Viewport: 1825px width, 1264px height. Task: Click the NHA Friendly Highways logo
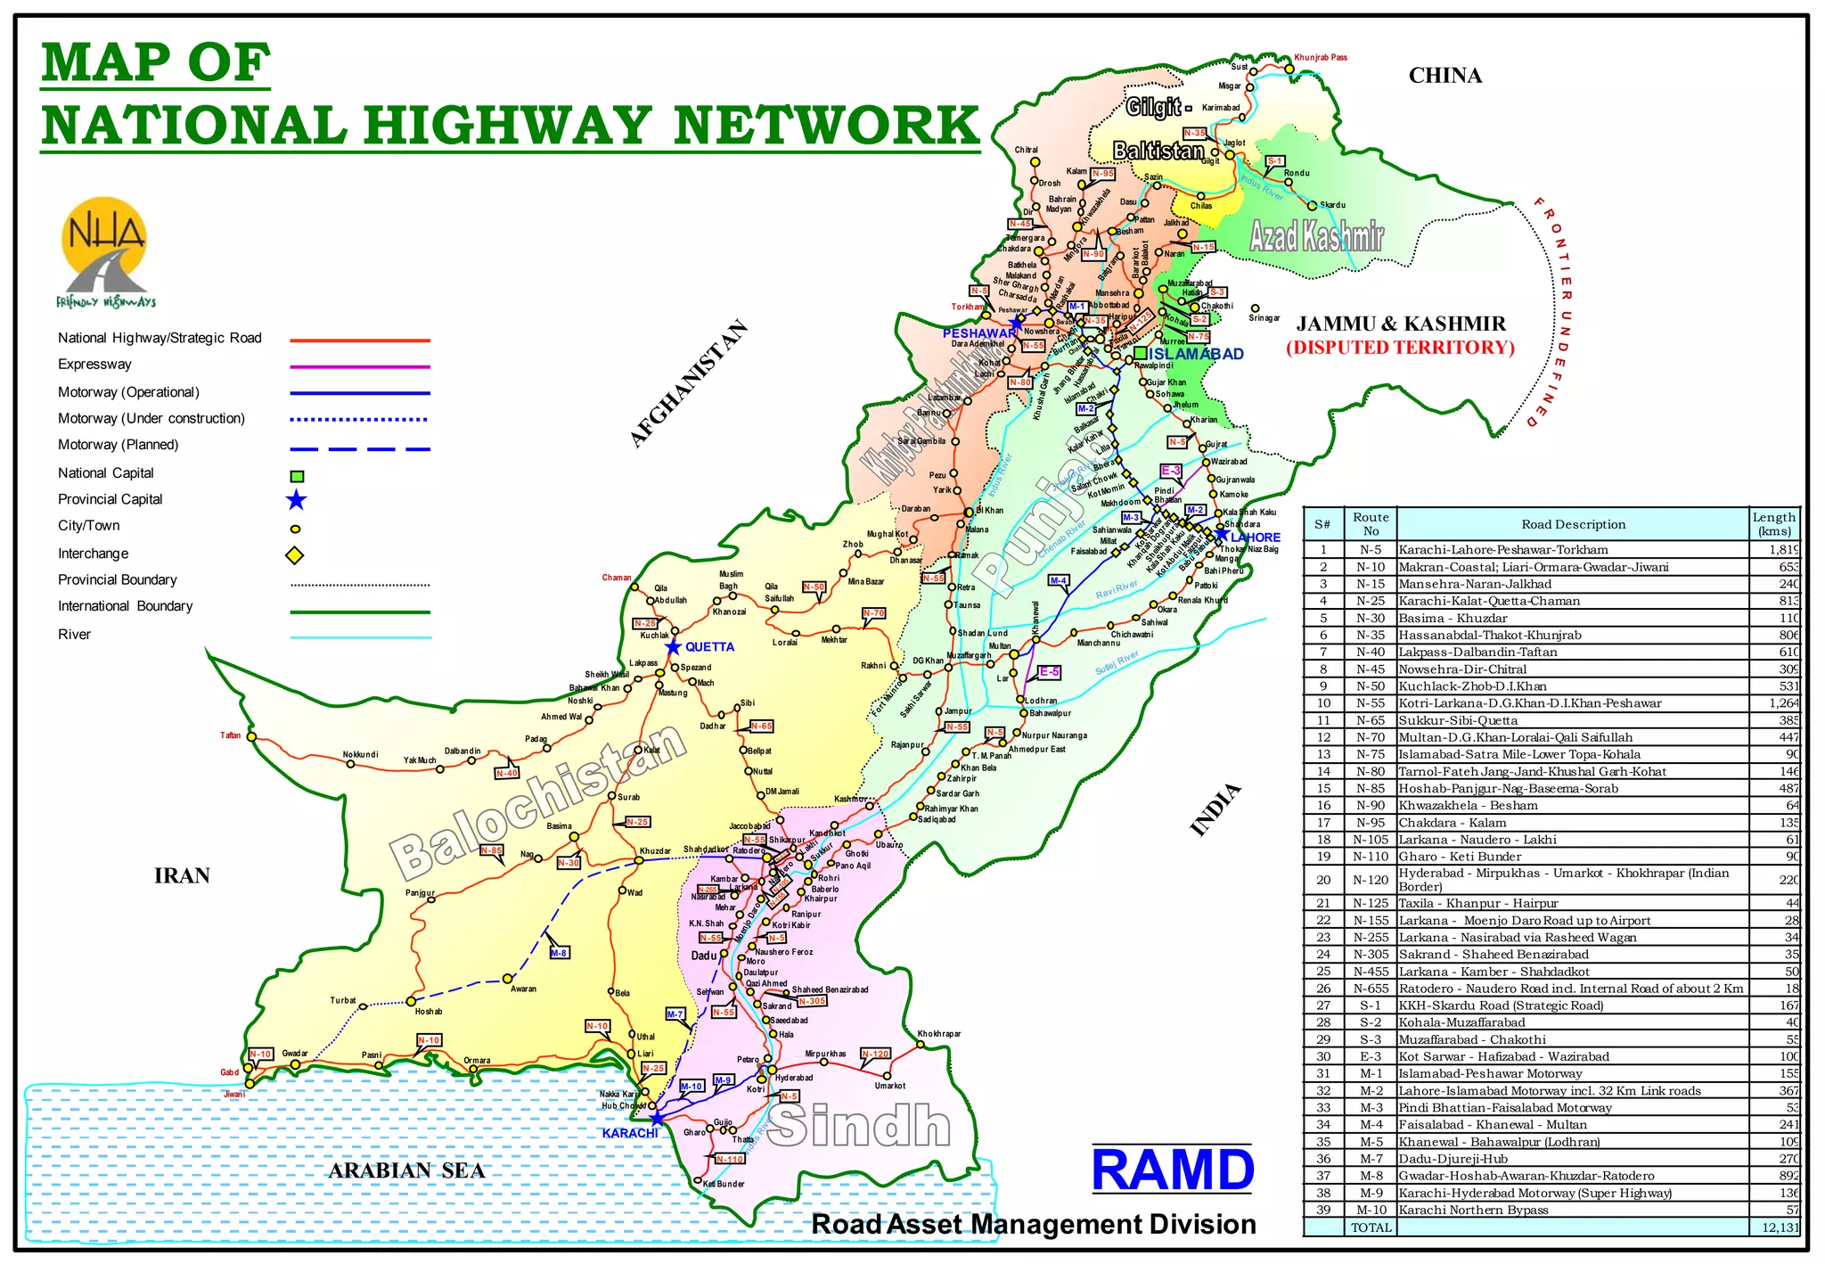click(105, 251)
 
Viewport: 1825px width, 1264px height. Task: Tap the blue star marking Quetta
click(674, 647)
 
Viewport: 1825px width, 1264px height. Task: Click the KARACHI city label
click(630, 1133)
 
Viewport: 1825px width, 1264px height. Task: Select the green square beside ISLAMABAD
click(1140, 354)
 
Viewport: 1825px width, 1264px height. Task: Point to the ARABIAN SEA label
click(406, 1170)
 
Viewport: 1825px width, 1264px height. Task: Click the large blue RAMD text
click(1172, 1170)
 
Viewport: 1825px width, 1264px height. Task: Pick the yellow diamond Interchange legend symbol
click(295, 555)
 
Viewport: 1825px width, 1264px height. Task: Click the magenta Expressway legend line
click(360, 366)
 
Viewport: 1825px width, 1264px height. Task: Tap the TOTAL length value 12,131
click(1779, 1227)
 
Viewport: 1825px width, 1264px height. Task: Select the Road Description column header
click(1573, 524)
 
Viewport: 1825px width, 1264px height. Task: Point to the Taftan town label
click(231, 735)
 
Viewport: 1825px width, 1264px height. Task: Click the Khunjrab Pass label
click(1321, 57)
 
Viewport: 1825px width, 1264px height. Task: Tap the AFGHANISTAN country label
click(688, 384)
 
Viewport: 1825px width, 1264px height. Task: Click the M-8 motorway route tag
click(559, 953)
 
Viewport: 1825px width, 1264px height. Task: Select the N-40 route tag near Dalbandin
click(507, 773)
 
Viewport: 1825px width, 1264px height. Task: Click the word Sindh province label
click(859, 1125)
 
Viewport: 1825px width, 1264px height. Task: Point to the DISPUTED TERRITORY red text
click(1400, 348)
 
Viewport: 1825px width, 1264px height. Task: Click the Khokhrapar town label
click(939, 1034)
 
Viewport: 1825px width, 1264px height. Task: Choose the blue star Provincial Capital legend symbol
click(296, 500)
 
